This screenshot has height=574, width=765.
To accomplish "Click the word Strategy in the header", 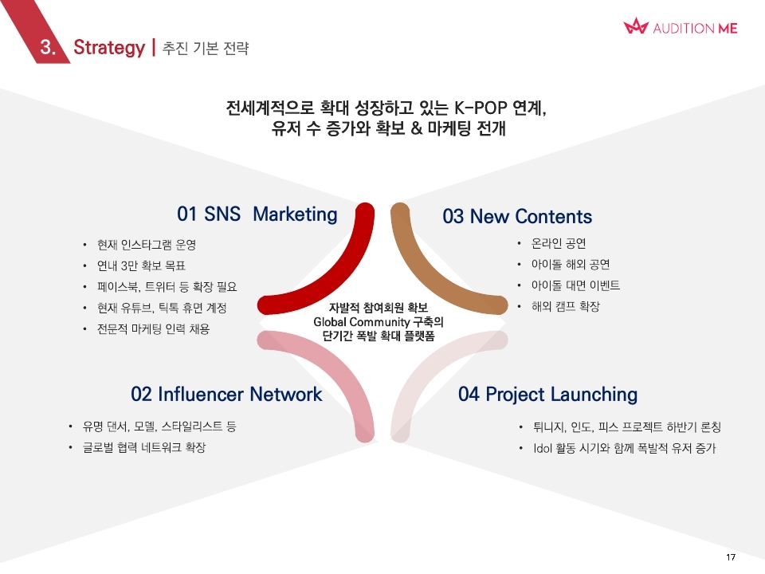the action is coord(109,48).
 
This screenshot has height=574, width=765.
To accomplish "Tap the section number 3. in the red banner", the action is coord(48,47).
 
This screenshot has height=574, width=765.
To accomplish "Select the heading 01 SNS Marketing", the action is coord(257,214).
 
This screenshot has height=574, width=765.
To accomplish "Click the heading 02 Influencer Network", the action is coord(226,394).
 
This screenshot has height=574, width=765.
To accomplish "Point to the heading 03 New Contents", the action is coord(517,216).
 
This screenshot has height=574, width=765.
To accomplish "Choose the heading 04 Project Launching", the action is coord(547,395).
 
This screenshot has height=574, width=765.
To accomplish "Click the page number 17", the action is coord(731,557).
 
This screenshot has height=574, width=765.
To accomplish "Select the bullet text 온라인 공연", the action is coord(559,243).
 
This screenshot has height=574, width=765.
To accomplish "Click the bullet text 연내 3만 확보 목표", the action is coord(141,265).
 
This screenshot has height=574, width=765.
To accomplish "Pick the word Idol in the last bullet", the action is coord(543,448).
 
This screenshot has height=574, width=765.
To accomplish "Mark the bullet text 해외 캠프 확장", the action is coord(566,306).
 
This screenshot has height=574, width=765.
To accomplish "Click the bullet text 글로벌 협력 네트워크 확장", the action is coord(144,447).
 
